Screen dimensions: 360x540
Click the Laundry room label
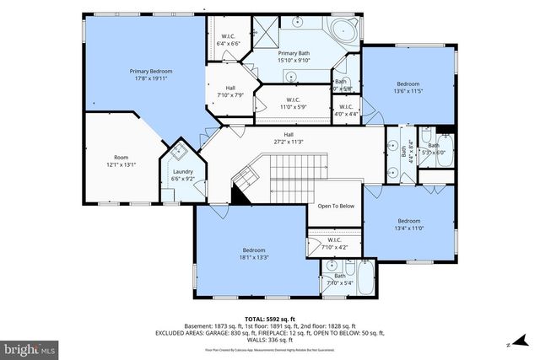coord(182,175)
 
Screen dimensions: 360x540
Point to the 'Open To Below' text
coord(336,206)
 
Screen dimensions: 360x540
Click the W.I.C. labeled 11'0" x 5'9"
coord(287,104)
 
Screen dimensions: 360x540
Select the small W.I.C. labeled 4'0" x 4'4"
coord(345,109)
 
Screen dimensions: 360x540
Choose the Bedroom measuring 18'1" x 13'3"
coord(254,254)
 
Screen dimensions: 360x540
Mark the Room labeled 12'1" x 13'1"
coord(121,161)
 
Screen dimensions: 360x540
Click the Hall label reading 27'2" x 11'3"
coord(288,138)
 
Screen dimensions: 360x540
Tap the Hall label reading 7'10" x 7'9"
coord(230,91)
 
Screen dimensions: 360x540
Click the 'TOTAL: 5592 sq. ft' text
coord(269,318)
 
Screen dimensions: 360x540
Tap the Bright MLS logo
coord(30,347)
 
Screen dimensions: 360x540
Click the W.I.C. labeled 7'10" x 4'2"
coord(334,244)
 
